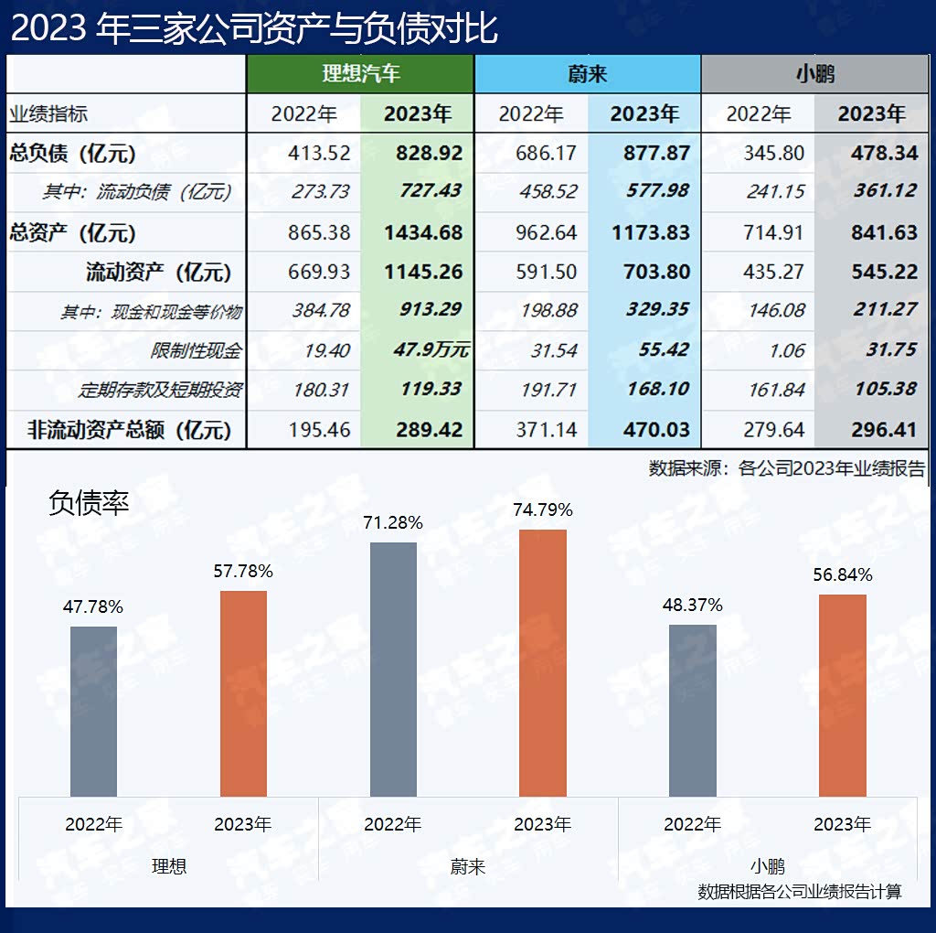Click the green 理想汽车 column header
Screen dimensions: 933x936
(360, 73)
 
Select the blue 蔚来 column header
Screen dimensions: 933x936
(587, 73)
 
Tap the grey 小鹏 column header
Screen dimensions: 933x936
(814, 73)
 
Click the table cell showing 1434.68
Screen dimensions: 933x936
(423, 232)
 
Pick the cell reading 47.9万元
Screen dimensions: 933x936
(434, 350)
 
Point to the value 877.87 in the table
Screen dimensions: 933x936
(650, 153)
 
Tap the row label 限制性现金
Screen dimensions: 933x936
(196, 351)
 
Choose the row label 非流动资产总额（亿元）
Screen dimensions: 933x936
(129, 430)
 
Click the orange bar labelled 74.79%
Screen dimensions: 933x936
(542, 662)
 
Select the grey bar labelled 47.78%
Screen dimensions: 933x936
(93, 711)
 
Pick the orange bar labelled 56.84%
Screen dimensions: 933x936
(842, 695)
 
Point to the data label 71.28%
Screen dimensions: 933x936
(393, 523)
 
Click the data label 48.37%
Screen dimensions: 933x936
(693, 606)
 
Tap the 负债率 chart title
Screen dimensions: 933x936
(89, 502)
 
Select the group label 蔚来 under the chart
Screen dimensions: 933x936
(467, 865)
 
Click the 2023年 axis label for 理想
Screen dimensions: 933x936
(243, 824)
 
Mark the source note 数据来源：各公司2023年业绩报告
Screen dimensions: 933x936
(786, 469)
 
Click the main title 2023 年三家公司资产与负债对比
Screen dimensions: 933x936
(254, 28)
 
